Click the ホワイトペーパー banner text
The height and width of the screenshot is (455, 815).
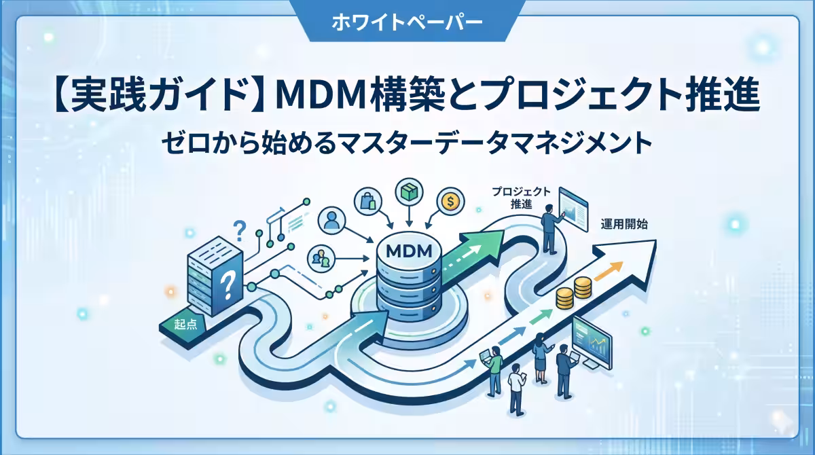pyautogui.click(x=407, y=22)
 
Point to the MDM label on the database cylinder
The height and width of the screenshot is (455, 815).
pyautogui.click(x=409, y=251)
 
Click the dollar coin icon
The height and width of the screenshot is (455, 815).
pyautogui.click(x=451, y=201)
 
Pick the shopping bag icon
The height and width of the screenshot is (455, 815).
pyautogui.click(x=368, y=202)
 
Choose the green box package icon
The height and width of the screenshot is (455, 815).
pyautogui.click(x=410, y=192)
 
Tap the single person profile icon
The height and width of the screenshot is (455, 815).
pyautogui.click(x=331, y=220)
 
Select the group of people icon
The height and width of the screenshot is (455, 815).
pyautogui.click(x=321, y=258)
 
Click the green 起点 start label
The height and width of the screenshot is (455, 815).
pyautogui.click(x=184, y=324)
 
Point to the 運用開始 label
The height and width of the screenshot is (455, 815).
pyautogui.click(x=624, y=224)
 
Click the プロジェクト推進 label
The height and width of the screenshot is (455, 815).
pyautogui.click(x=521, y=198)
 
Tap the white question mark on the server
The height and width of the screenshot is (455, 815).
pyautogui.click(x=228, y=286)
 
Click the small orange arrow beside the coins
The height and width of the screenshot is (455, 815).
pyautogui.click(x=609, y=271)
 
